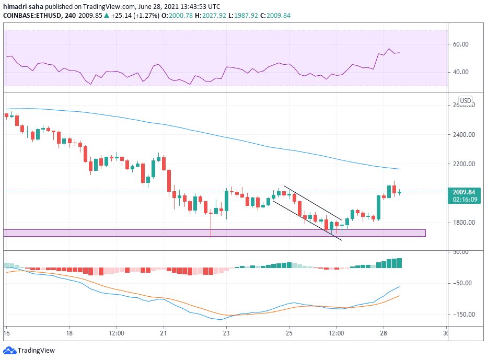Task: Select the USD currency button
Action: coord(465,100)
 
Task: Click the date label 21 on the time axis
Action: coord(164,333)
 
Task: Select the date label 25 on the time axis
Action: coord(289,333)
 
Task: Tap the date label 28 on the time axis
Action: coord(383,333)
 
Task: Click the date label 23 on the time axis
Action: coord(226,333)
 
